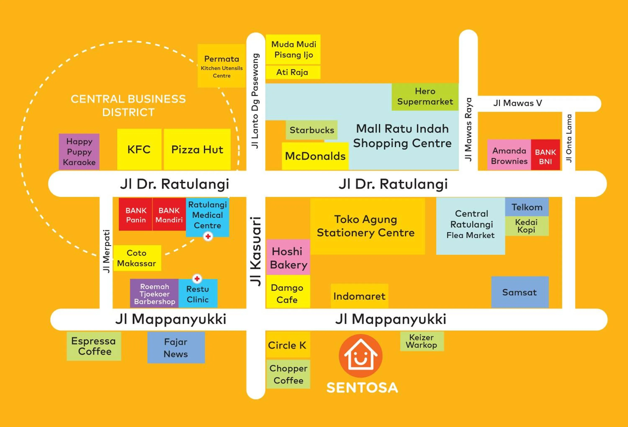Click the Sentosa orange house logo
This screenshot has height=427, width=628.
pos(360,355)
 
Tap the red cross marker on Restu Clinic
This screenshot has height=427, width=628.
pos(197,278)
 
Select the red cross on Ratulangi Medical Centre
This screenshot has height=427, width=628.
pos(208,236)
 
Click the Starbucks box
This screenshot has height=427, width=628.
pos(311,130)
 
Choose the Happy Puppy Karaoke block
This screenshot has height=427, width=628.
pos(79,152)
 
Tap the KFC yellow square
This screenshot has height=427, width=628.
pos(139,150)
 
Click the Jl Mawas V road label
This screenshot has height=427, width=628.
pos(517,103)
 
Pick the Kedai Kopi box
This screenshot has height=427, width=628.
pos(527,226)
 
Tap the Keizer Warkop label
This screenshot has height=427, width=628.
pos(422,341)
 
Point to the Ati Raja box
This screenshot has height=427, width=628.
pos(293,72)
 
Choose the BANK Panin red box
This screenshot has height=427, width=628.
pos(136,215)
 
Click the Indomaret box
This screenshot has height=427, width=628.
pos(359,296)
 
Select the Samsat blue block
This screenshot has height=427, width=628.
pos(520,292)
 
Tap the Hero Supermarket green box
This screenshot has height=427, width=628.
pos(425,97)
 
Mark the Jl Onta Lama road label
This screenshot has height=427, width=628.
pos(569,138)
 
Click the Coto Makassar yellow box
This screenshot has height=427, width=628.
pos(137,258)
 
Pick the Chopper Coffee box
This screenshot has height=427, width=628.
pos(288,374)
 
